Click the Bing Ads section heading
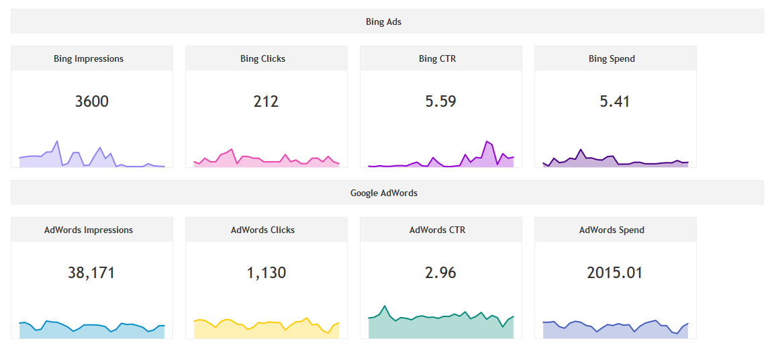[x=383, y=21]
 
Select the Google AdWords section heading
[x=383, y=193]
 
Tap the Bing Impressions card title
[x=89, y=58]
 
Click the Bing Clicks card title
[x=262, y=58]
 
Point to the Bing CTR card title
[x=437, y=58]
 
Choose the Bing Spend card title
[x=612, y=58]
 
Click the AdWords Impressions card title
[x=89, y=230]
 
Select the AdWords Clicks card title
[x=262, y=230]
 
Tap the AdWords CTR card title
[x=437, y=230]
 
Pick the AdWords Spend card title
[x=612, y=230]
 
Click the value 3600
[x=92, y=101]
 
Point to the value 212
[x=266, y=101]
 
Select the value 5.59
[x=440, y=101]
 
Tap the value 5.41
[x=615, y=101]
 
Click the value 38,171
[x=91, y=273]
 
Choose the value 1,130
[x=266, y=273]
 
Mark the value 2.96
[x=440, y=273]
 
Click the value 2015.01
[x=614, y=273]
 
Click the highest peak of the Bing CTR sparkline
[x=487, y=142]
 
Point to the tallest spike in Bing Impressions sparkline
[x=57, y=141]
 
